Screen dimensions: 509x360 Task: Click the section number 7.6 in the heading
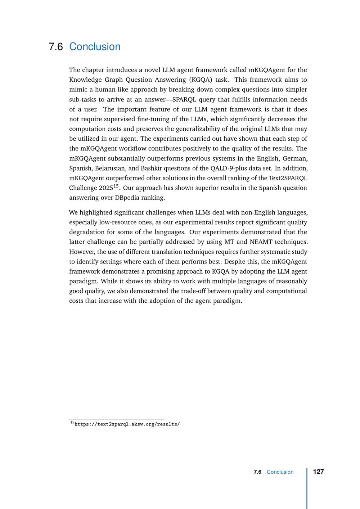(x=55, y=47)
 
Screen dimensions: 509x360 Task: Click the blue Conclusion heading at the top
(x=95, y=47)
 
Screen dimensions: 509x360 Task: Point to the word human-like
(x=110, y=90)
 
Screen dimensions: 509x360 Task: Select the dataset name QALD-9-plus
(x=226, y=168)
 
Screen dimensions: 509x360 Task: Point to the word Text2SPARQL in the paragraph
(x=288, y=178)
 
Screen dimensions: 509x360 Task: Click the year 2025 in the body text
(x=106, y=188)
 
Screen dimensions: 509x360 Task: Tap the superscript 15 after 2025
(x=116, y=186)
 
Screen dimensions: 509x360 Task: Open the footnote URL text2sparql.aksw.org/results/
(x=127, y=424)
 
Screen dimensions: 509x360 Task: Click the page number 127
(x=319, y=472)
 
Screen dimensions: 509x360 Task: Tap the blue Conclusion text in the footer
(x=280, y=472)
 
